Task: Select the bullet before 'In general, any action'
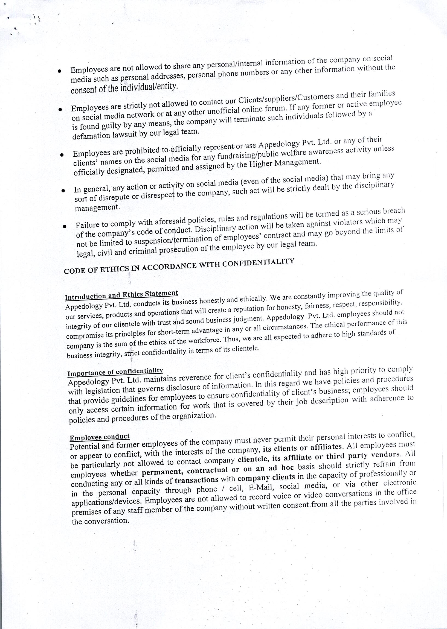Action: pyautogui.click(x=63, y=190)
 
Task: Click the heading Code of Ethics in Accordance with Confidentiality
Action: pyautogui.click(x=179, y=266)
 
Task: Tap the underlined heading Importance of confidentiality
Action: pyautogui.click(x=115, y=371)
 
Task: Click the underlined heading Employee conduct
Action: pyautogui.click(x=100, y=437)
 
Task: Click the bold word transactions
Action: pyautogui.click(x=196, y=480)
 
